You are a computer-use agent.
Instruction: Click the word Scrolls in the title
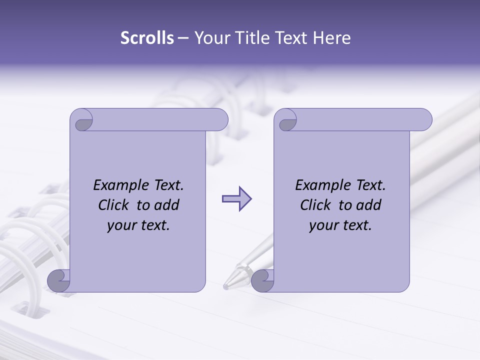tap(147, 38)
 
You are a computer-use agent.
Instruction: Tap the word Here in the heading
tap(332, 38)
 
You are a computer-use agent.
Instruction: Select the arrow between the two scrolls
tap(236, 199)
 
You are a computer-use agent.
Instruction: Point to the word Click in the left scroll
tap(114, 205)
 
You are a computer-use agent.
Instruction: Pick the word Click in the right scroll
tap(316, 205)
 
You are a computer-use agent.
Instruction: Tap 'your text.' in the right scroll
tap(340, 225)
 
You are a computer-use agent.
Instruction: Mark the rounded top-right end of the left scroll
tap(220, 120)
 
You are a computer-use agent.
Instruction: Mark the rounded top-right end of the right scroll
tap(424, 120)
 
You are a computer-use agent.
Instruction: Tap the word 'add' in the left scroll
tap(167, 205)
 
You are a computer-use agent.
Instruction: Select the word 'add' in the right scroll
tap(369, 205)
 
